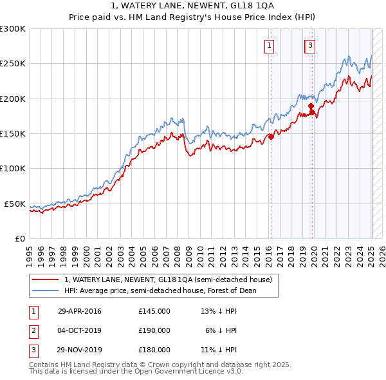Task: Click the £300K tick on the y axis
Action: [13, 29]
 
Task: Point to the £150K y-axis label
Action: [13, 133]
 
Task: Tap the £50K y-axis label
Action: [15, 204]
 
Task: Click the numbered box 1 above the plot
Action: [268, 45]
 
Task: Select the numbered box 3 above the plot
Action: [310, 45]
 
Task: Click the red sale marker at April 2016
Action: [271, 137]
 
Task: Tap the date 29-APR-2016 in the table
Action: [79, 311]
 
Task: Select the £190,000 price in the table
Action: [154, 330]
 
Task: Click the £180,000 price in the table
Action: [154, 350]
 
